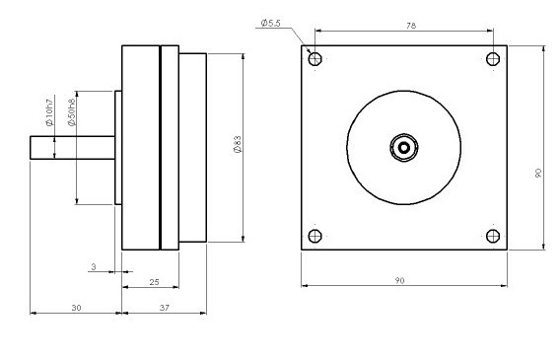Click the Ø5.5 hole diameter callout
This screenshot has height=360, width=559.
click(x=270, y=24)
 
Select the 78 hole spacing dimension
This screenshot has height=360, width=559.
click(x=411, y=26)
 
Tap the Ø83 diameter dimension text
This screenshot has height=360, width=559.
click(x=238, y=144)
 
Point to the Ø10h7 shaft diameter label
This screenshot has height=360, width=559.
click(x=49, y=110)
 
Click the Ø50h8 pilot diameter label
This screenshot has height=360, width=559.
click(x=71, y=112)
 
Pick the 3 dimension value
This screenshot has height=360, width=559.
click(x=94, y=267)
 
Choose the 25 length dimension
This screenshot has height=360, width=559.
click(x=154, y=282)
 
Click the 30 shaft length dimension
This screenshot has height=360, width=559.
click(x=76, y=308)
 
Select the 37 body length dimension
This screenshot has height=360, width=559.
click(x=164, y=308)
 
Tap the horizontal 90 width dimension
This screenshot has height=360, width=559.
click(x=399, y=281)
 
